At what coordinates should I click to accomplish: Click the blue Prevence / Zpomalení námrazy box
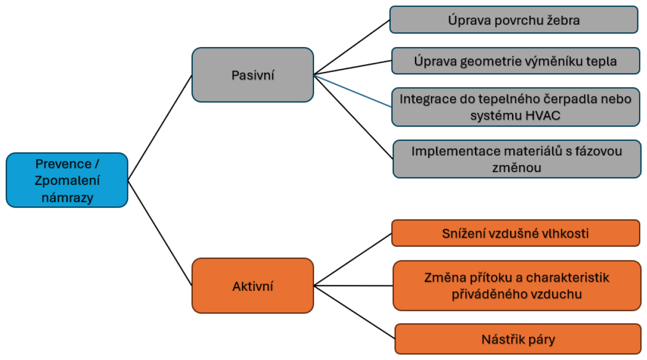tap(67, 180)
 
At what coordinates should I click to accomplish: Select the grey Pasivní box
tap(253, 75)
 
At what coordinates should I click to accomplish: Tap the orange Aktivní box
tap(253, 286)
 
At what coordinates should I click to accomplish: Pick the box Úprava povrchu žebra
tap(514, 20)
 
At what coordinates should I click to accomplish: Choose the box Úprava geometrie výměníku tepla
tap(515, 61)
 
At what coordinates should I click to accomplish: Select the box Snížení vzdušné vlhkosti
tap(515, 233)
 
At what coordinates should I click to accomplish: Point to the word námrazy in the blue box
tap(67, 198)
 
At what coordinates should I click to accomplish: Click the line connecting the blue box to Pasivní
tap(160, 128)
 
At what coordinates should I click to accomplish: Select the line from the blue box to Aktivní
tap(160, 233)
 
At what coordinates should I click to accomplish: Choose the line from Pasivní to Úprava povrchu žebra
tap(352, 48)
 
